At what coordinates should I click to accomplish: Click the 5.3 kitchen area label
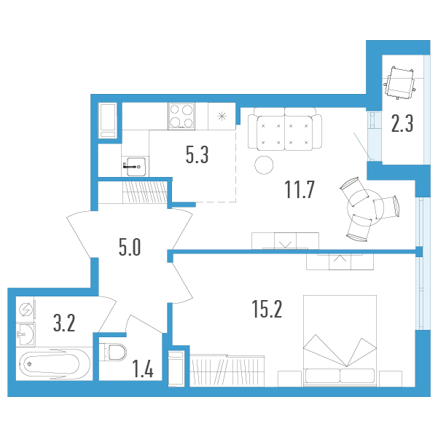[197, 155]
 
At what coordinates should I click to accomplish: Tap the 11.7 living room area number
[300, 189]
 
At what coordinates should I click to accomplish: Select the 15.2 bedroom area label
[267, 309]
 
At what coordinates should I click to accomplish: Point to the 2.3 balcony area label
[402, 123]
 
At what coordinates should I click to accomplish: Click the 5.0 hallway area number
[130, 248]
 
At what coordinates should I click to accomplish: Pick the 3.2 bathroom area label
[64, 323]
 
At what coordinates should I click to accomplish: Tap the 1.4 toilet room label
[143, 369]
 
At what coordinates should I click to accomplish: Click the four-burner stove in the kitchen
[181, 116]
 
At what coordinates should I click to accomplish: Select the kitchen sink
[136, 167]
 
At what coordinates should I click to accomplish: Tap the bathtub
[54, 364]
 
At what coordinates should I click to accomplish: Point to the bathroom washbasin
[26, 334]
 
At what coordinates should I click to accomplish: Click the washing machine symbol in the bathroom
[26, 310]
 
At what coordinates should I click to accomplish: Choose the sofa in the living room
[285, 130]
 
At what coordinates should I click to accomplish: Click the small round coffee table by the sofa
[264, 165]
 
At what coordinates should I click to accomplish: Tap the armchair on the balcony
[399, 82]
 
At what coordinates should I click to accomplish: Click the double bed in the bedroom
[340, 341]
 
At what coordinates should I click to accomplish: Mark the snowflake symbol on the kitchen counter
[222, 116]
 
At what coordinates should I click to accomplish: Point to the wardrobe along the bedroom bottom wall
[227, 371]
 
